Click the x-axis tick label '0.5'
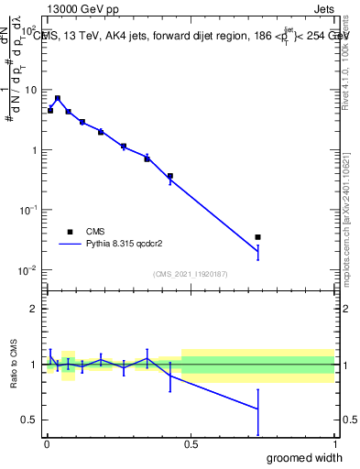(190, 446)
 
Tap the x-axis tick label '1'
(334, 446)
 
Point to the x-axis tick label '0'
(46, 446)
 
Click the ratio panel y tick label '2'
(34, 309)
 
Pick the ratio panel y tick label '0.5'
(29, 420)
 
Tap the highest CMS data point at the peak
(58, 98)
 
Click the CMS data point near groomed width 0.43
(170, 176)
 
